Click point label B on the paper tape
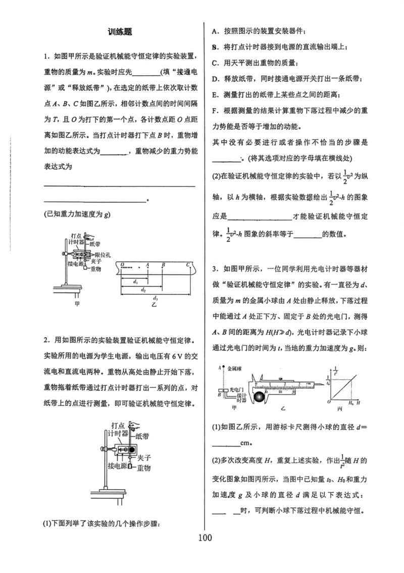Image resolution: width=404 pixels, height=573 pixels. pos(163,265)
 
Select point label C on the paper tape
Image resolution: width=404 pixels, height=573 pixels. pos(188,265)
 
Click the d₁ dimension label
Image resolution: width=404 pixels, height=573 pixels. pos(135,281)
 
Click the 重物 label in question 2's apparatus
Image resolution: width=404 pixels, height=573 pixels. pos(144,468)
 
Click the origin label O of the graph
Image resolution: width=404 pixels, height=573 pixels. pos(328,403)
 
